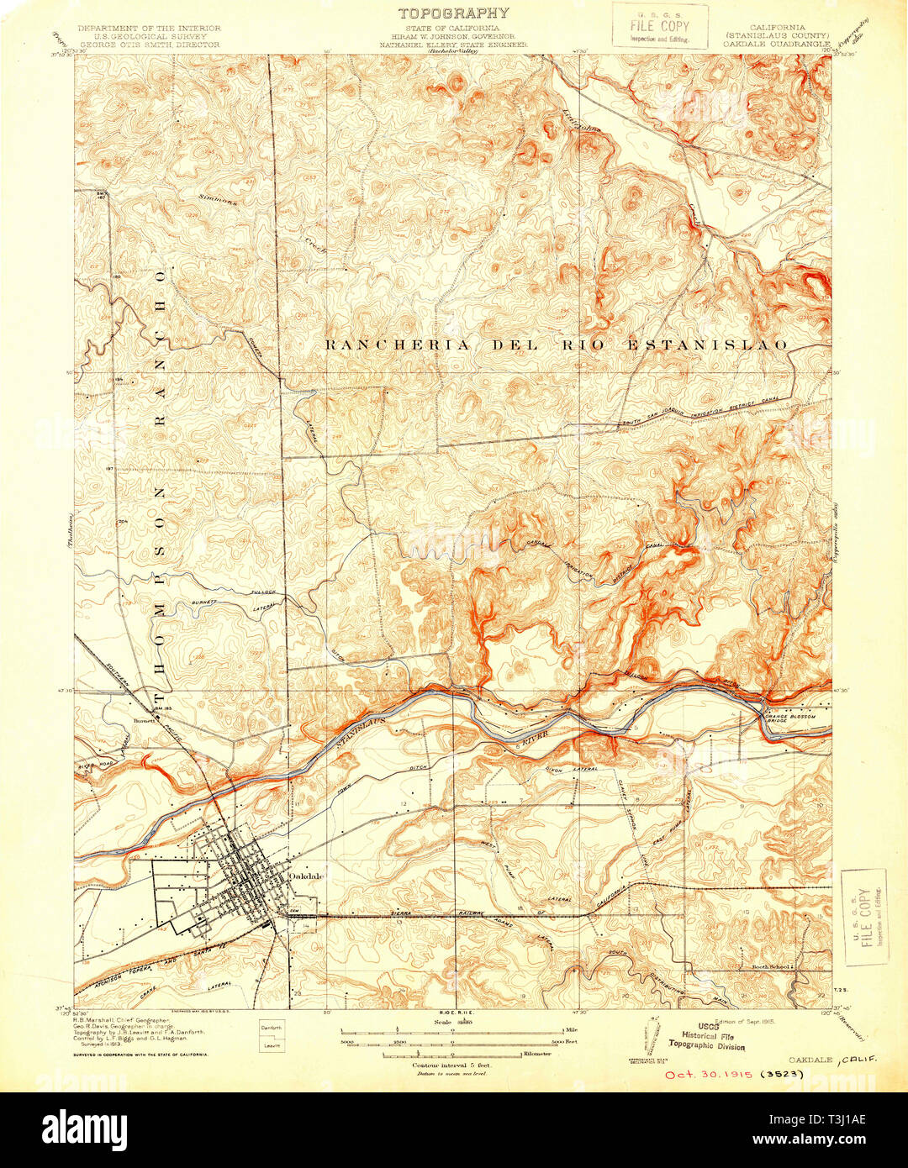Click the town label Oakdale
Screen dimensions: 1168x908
pos(306,876)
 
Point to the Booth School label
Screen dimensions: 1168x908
pos(769,967)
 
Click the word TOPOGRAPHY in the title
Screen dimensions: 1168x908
pos(453,13)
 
